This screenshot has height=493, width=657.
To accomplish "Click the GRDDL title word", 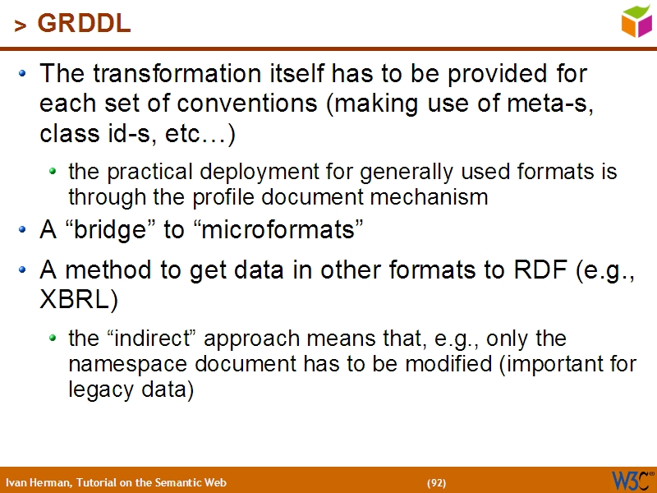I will click(85, 25).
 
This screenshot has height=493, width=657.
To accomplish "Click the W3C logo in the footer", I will click(631, 480).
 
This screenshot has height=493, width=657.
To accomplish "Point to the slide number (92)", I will click(436, 482).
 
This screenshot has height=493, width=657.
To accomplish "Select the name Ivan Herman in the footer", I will click(39, 482).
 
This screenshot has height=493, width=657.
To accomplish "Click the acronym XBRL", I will click(73, 300).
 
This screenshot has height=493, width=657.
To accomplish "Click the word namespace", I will click(123, 364).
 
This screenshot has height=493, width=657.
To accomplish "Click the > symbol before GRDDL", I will click(21, 26).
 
